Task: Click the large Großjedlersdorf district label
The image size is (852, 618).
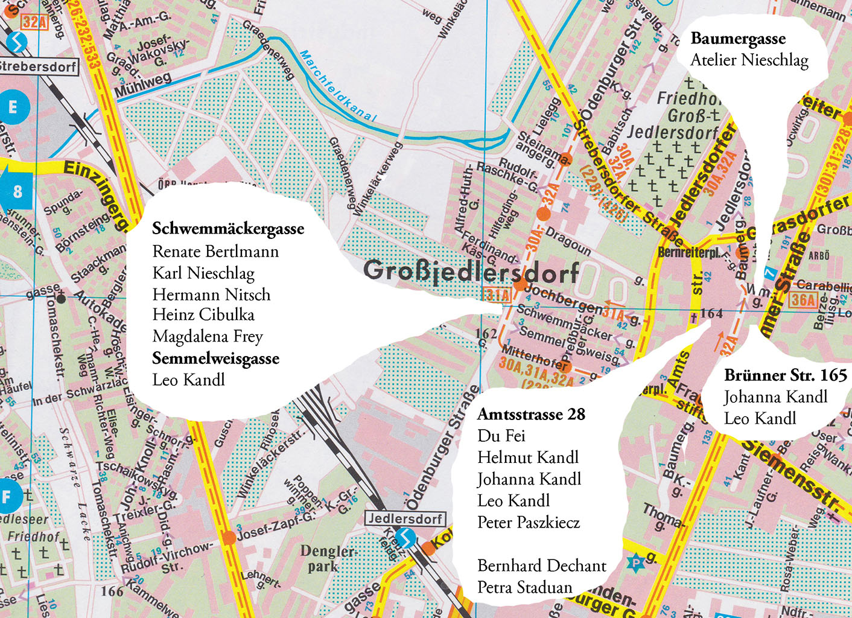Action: pyautogui.click(x=471, y=272)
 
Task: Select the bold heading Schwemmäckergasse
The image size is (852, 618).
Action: pyautogui.click(x=228, y=229)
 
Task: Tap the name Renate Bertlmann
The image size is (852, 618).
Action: pyautogui.click(x=215, y=251)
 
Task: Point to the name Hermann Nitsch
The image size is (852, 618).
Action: pyautogui.click(x=211, y=295)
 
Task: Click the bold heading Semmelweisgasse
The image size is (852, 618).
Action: pyautogui.click(x=215, y=358)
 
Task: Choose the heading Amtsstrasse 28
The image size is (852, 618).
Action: pyautogui.click(x=531, y=414)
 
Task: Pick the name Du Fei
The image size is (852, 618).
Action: pyautogui.click(x=501, y=436)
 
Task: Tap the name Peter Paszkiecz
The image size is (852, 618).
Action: pyautogui.click(x=529, y=522)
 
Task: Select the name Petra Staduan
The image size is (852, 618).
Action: pyautogui.click(x=524, y=587)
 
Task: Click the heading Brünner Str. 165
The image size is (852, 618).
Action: pyautogui.click(x=786, y=375)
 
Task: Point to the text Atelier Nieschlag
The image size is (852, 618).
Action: pyautogui.click(x=749, y=60)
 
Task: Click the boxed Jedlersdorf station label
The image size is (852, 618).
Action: pyautogui.click(x=405, y=518)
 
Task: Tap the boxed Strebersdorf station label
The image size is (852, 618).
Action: pyautogui.click(x=37, y=66)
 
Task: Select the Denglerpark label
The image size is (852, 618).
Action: pyautogui.click(x=327, y=559)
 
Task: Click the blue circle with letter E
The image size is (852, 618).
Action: pyautogui.click(x=12, y=108)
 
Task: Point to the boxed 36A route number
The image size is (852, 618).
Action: pyautogui.click(x=803, y=300)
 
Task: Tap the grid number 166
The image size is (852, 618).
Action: pyautogui.click(x=112, y=591)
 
